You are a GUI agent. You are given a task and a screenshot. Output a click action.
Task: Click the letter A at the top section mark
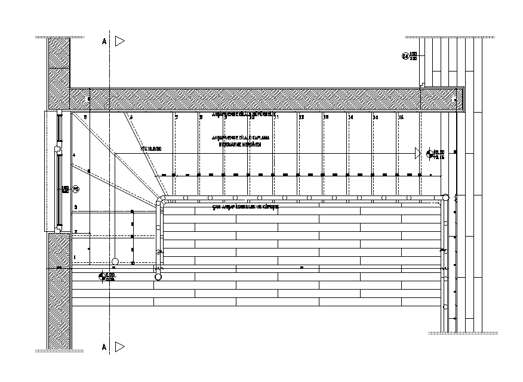click(104, 42)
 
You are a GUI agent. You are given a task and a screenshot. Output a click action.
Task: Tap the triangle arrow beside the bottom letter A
click(120, 346)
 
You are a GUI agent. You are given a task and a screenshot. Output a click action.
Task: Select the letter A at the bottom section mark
click(104, 346)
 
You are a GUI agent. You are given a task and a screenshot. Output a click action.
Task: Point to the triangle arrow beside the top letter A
click(120, 41)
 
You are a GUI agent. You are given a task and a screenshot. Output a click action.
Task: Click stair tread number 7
click(177, 118)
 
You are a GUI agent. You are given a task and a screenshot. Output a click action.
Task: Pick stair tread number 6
click(131, 118)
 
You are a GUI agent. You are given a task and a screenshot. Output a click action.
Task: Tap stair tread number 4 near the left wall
click(75, 156)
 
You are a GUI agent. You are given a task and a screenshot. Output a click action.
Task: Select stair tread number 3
click(76, 207)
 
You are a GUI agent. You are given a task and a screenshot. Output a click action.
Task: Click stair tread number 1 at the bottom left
click(75, 256)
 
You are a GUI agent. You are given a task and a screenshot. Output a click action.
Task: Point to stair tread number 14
click(350, 118)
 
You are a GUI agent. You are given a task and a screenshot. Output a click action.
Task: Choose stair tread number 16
click(401, 118)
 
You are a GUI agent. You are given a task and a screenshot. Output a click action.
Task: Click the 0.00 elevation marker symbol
click(102, 276)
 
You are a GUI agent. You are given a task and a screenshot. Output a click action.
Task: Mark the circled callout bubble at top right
click(405, 57)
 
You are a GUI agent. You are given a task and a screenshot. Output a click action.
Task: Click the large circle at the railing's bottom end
click(158, 277)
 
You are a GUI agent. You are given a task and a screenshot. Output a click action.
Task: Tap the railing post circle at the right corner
click(445, 196)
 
